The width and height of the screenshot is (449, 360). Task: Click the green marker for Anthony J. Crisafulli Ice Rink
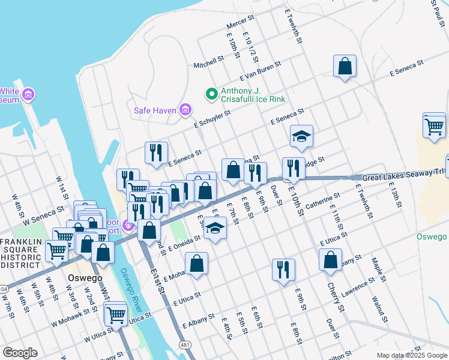pos(211,94)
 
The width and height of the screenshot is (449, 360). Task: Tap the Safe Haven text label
pos(155,110)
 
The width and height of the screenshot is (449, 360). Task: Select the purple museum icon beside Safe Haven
pos(186,110)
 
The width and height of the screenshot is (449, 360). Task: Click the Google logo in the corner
pos(20,352)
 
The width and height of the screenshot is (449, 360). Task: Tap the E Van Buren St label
pos(261,71)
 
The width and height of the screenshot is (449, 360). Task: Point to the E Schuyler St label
pos(212,119)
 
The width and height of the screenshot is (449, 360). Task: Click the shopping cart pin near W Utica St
pos(115,313)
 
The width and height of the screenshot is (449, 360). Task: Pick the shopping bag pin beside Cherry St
pos(330,260)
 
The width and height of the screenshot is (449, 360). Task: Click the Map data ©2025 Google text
pos(412,355)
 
